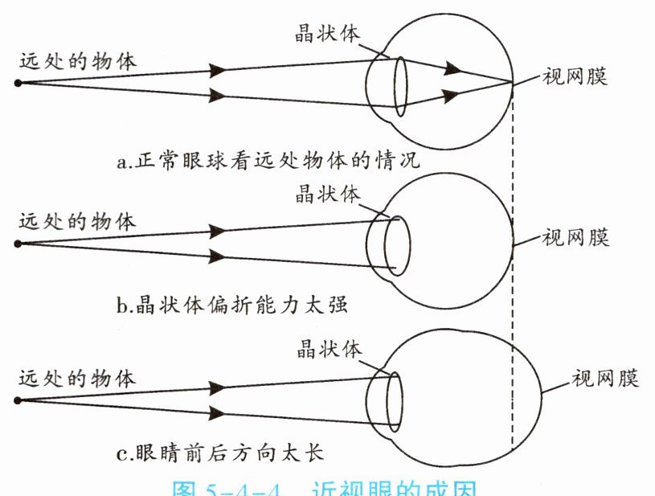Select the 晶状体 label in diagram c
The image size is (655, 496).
coord(330,348)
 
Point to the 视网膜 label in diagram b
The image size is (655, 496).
coord(575,237)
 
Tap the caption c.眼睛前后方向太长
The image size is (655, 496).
coord(219,454)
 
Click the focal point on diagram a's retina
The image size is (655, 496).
coord(512,82)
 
